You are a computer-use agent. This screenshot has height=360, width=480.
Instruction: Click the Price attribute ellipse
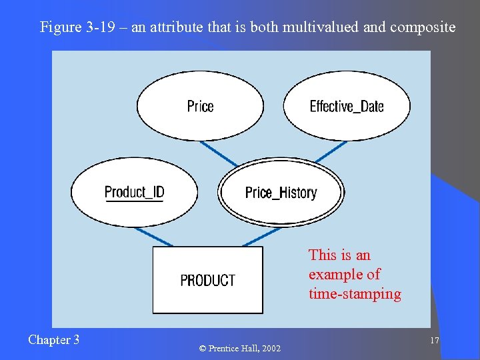pos(200,106)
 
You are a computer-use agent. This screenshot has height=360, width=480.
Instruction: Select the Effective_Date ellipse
pos(346,106)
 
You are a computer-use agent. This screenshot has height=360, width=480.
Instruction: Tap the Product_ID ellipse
pos(134,193)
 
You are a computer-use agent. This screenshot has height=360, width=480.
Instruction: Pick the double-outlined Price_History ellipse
pos(281,193)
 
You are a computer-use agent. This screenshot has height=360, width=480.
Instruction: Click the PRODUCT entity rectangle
pos(207,280)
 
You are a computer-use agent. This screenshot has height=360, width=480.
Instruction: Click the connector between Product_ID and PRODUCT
pos(153,237)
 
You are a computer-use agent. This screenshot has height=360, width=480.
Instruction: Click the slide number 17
pos(434,341)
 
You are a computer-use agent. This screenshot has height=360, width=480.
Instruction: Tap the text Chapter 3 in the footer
pos(53,340)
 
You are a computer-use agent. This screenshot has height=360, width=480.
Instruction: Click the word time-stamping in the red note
pos(355,294)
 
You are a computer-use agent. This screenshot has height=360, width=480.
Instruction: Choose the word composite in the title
pos(423,27)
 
